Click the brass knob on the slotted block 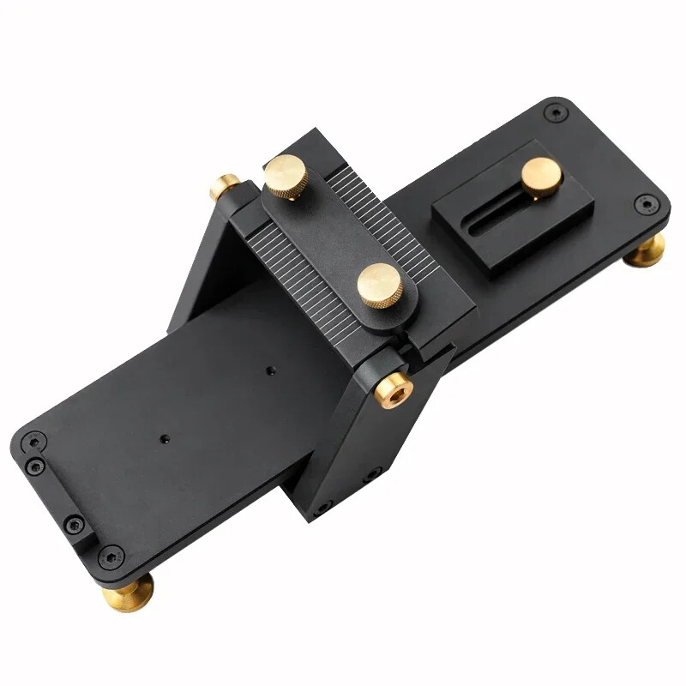[x=541, y=176]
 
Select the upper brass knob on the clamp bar [x=286, y=176]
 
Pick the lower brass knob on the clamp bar [x=379, y=284]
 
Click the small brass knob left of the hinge [x=226, y=186]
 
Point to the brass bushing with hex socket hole [x=394, y=389]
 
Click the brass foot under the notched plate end [x=127, y=591]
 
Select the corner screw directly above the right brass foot [x=648, y=204]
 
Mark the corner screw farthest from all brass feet [x=556, y=111]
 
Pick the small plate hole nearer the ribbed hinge [x=271, y=370]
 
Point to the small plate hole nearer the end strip [x=164, y=438]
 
